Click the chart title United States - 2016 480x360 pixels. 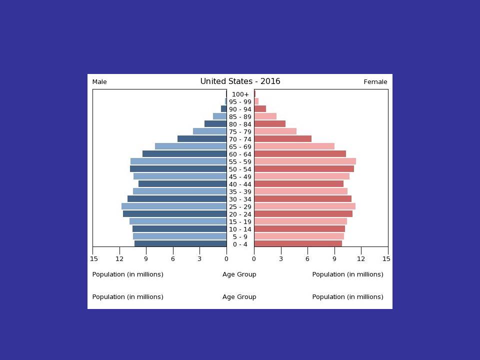[x=240, y=81]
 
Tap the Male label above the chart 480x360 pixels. [x=99, y=82]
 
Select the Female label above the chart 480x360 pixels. [x=375, y=82]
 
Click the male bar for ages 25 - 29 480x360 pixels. [x=174, y=206]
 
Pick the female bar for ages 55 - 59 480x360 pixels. [x=305, y=161]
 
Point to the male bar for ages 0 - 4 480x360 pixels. [x=180, y=244]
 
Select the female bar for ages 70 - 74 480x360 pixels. [x=282, y=139]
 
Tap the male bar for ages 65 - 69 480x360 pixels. [x=190, y=146]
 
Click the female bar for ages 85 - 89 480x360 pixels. [x=265, y=116]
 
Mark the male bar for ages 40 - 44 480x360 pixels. [x=182, y=184]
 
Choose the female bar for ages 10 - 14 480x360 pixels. [x=299, y=229]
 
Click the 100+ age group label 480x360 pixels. [x=240, y=94]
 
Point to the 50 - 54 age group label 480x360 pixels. [x=240, y=169]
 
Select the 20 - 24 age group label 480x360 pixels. [x=240, y=214]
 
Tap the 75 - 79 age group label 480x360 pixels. [x=240, y=132]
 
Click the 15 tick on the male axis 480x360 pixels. [x=94, y=258]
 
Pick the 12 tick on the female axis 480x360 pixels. [x=361, y=258]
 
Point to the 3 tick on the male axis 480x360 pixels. [x=199, y=258]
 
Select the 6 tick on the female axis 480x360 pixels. [x=307, y=258]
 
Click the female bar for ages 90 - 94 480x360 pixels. [x=260, y=109]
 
